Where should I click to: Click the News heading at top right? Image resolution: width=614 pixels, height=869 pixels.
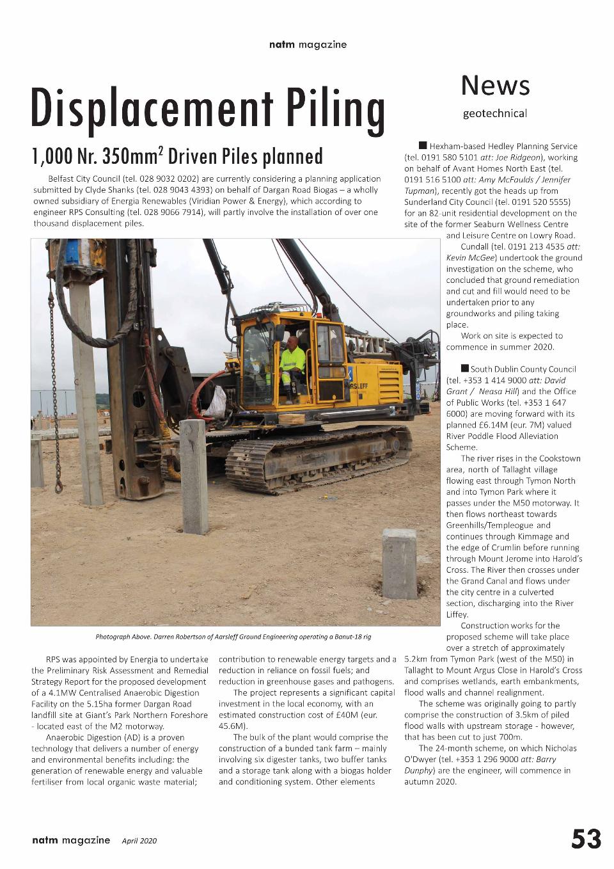(495, 85)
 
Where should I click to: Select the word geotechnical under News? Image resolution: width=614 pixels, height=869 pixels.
(495, 114)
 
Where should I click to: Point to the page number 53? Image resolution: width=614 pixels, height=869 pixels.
(586, 839)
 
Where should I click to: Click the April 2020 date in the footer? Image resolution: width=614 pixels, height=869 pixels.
(139, 841)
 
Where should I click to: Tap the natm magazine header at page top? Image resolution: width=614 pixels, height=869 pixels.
(308, 45)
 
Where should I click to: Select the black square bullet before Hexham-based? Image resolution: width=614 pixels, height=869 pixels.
(423, 146)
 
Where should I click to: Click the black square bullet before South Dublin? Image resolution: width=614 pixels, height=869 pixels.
(464, 369)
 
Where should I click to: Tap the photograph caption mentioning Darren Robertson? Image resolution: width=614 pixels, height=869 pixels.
(233, 637)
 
